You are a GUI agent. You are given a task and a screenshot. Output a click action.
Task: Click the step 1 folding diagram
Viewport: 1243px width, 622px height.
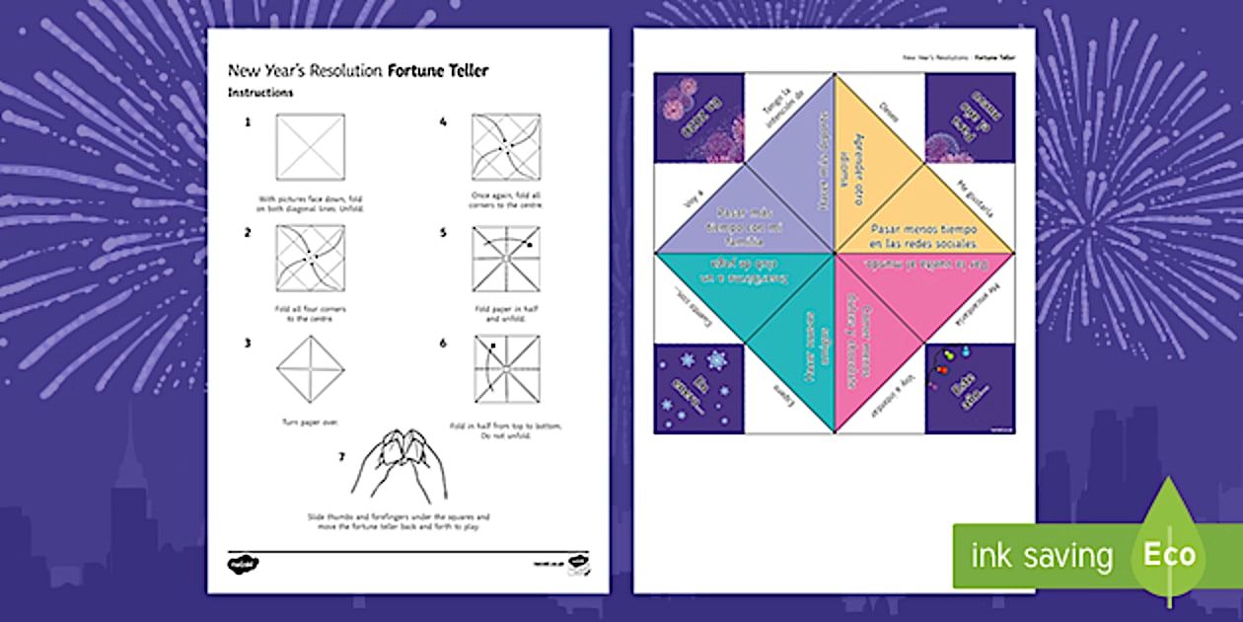click(x=311, y=147)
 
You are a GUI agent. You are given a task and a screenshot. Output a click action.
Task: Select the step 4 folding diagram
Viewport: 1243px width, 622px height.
click(x=505, y=147)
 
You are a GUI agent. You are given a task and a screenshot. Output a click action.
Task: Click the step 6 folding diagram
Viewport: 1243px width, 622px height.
click(x=505, y=369)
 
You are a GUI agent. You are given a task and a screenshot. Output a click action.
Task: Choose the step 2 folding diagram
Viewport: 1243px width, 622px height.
click(x=311, y=259)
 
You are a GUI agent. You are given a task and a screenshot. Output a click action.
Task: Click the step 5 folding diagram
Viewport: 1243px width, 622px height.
click(x=505, y=259)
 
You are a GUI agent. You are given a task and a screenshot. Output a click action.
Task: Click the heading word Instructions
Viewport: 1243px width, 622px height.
click(x=260, y=93)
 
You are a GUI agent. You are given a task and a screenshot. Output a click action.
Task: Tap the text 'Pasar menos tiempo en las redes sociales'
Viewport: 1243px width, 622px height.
click(x=923, y=235)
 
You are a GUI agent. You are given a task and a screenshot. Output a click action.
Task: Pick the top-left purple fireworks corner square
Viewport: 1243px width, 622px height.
click(x=697, y=117)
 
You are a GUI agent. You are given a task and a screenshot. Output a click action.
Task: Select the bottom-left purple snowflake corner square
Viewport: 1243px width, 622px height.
click(x=697, y=389)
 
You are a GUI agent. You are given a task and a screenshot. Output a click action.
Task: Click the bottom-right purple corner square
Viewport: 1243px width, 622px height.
click(x=970, y=389)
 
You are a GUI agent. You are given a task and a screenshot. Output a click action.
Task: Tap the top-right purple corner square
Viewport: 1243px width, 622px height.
click(x=970, y=117)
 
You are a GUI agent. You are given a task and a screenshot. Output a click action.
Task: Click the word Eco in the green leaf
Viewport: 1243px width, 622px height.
click(x=1169, y=554)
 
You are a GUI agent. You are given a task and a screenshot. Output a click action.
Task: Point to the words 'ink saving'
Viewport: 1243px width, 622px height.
click(x=1043, y=555)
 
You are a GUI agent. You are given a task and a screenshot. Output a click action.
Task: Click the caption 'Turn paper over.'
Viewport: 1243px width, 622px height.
click(x=311, y=422)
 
